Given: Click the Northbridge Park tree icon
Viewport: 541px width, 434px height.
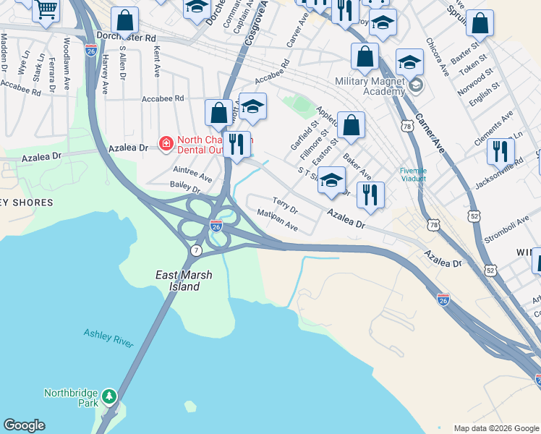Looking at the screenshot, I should pyautogui.click(x=109, y=396).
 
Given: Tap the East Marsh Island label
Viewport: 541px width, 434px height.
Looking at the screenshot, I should pyautogui.click(x=178, y=281).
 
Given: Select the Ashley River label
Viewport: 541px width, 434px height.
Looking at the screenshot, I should pyautogui.click(x=108, y=339).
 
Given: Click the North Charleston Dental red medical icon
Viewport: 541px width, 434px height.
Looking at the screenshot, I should pyautogui.click(x=166, y=143).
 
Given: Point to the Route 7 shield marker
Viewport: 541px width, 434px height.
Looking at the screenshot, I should pyautogui.click(x=196, y=250).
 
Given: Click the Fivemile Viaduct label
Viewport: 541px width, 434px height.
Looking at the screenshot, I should pyautogui.click(x=414, y=174).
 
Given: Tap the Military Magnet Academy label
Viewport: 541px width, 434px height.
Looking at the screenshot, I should pyautogui.click(x=370, y=86).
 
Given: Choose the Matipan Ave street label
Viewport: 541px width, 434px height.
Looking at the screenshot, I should pyautogui.click(x=278, y=221).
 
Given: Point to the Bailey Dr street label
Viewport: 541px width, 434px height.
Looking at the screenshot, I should pyautogui.click(x=185, y=188).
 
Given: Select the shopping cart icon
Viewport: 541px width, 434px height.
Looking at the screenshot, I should pyautogui.click(x=47, y=10).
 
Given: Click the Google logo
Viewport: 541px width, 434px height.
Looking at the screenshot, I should pyautogui.click(x=24, y=425).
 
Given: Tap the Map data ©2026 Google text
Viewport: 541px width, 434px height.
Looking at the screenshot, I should pyautogui.click(x=495, y=428).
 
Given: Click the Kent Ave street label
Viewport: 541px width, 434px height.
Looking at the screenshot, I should pyautogui.click(x=156, y=62).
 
